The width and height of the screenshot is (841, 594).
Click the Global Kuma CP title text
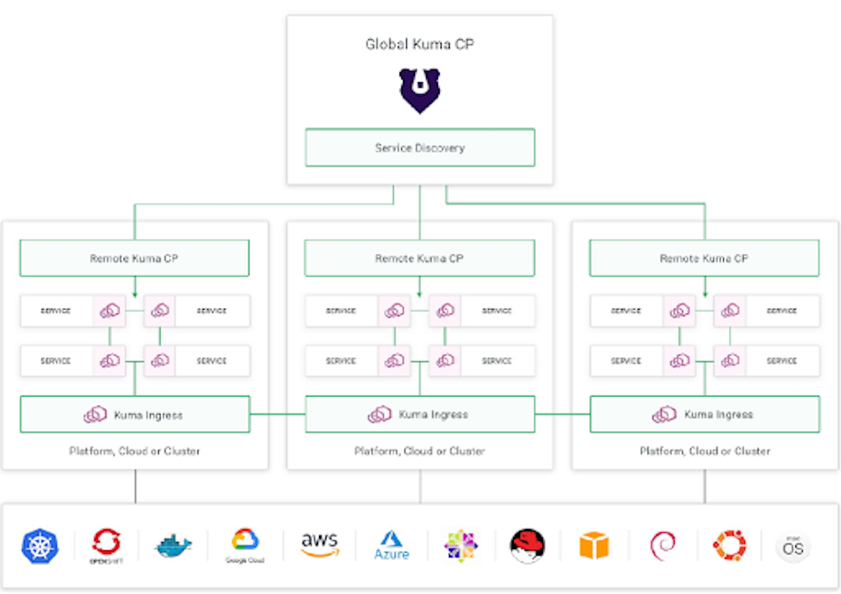click(420, 44)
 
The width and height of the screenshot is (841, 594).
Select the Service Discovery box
click(420, 148)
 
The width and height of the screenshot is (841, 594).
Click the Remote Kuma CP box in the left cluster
click(134, 259)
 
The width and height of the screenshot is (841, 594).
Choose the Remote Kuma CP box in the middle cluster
click(420, 259)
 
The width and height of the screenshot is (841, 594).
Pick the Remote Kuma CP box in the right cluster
click(704, 259)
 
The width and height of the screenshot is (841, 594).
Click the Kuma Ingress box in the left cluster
click(134, 415)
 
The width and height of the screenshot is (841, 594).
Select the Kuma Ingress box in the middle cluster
click(420, 415)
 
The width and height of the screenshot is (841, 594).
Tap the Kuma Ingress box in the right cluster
click(704, 415)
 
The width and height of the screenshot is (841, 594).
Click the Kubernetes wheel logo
click(39, 546)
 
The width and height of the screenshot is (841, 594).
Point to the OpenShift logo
click(105, 545)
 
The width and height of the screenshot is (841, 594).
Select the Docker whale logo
click(174, 546)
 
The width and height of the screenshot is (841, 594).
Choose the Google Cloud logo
click(245, 545)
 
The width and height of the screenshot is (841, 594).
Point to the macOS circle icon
click(793, 546)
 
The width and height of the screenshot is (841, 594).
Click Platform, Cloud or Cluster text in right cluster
click(704, 451)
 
